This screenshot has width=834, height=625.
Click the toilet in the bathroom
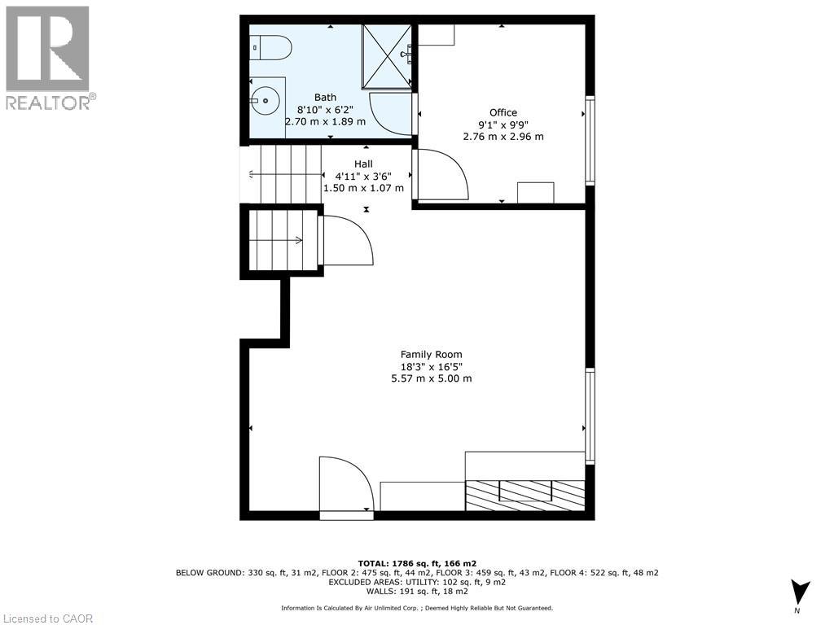click(x=272, y=49)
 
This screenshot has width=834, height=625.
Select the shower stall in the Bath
click(x=386, y=55)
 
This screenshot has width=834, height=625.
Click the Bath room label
click(x=325, y=98)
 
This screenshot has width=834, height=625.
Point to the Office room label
click(x=503, y=112)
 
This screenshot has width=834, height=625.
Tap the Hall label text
click(x=363, y=164)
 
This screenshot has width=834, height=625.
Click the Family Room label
click(x=431, y=354)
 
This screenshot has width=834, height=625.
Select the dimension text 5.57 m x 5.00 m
click(x=432, y=378)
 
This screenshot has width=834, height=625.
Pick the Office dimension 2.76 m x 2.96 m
click(x=503, y=137)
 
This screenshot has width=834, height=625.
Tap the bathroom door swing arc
click(x=390, y=112)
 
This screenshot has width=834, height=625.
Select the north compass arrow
click(x=801, y=592)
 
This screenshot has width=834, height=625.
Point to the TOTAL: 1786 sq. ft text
click(x=417, y=563)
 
